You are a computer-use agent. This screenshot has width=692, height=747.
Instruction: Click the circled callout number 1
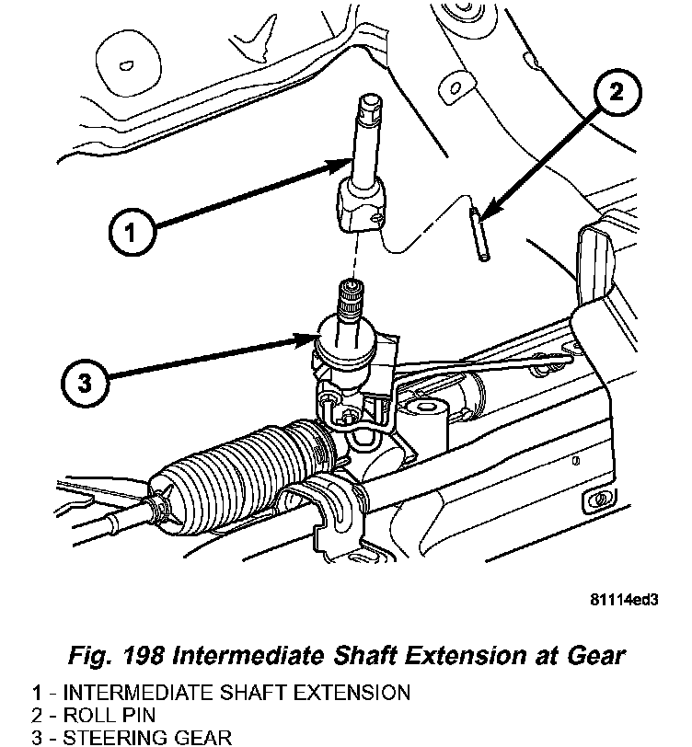click(x=132, y=233)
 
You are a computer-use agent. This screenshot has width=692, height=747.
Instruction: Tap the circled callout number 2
click(x=617, y=91)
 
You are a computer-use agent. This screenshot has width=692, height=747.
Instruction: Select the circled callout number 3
click(x=85, y=382)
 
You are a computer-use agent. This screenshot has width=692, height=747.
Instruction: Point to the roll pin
click(x=479, y=234)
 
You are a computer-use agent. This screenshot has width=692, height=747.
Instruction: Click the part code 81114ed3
click(x=624, y=599)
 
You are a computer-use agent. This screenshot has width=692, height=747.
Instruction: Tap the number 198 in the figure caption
click(x=144, y=655)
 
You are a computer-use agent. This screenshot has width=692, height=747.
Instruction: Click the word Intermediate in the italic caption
click(x=251, y=655)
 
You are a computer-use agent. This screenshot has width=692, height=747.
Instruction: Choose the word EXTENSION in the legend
click(x=352, y=692)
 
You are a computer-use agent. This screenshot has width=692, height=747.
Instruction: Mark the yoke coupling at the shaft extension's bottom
click(x=361, y=205)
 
